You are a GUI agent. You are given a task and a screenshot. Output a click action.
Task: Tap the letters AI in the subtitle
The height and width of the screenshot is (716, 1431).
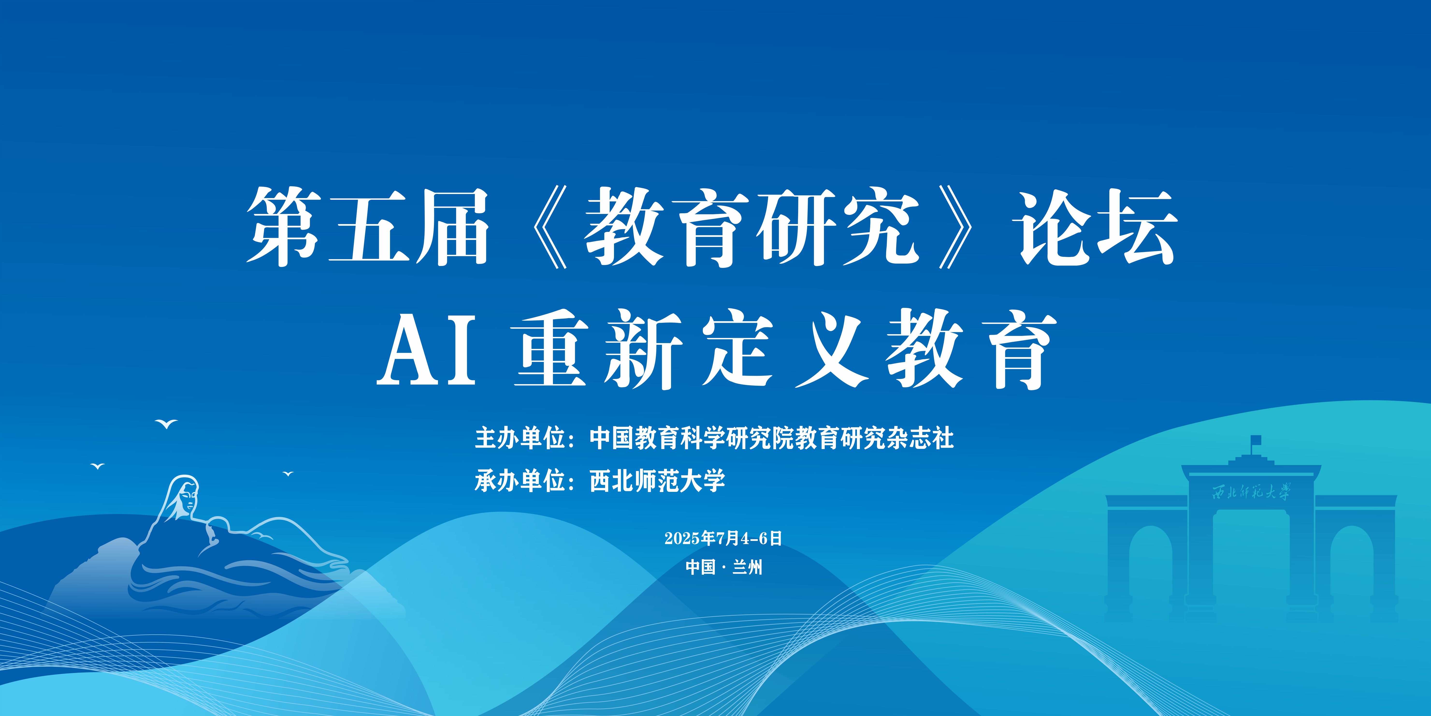click(427, 349)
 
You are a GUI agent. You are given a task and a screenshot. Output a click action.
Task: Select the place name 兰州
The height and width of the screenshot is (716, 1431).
click(747, 567)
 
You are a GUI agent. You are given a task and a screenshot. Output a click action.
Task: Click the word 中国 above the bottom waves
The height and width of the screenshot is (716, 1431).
click(701, 567)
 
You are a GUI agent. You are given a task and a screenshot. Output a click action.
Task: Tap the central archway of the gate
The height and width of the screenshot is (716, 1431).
click(1251, 556)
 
